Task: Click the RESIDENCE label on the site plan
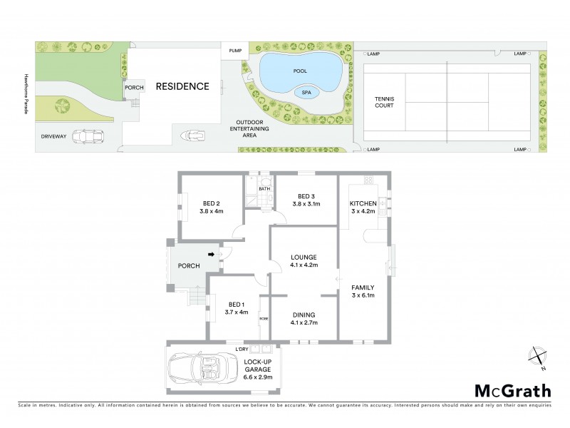click(x=183, y=86)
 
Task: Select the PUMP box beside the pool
click(x=234, y=51)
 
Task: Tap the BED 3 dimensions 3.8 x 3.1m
click(x=306, y=204)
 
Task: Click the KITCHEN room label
click(x=362, y=204)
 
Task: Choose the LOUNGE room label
click(x=304, y=256)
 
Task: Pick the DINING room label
click(x=304, y=314)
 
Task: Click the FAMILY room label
click(x=363, y=287)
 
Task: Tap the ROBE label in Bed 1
click(x=263, y=318)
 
